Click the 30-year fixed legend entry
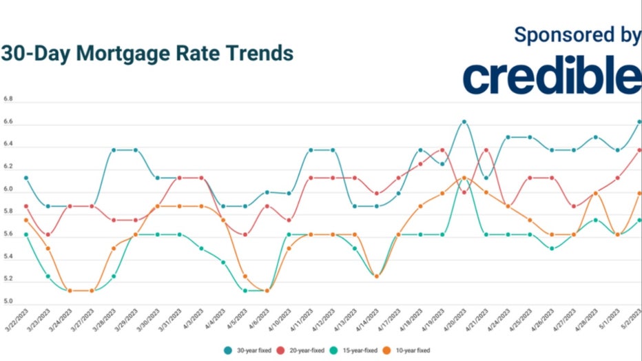[x=246, y=350]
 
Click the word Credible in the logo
[x=551, y=76]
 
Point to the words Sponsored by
[x=577, y=36]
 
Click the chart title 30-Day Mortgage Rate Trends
[x=147, y=54]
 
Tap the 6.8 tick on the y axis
[x=8, y=100]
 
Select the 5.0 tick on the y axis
[x=8, y=301]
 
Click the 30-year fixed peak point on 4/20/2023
[x=464, y=122]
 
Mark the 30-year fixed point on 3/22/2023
[x=26, y=178]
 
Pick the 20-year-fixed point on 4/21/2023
[x=486, y=149]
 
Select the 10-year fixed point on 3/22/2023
[x=26, y=220]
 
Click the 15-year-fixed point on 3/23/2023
[x=48, y=276]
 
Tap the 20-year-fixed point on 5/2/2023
[x=639, y=149]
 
